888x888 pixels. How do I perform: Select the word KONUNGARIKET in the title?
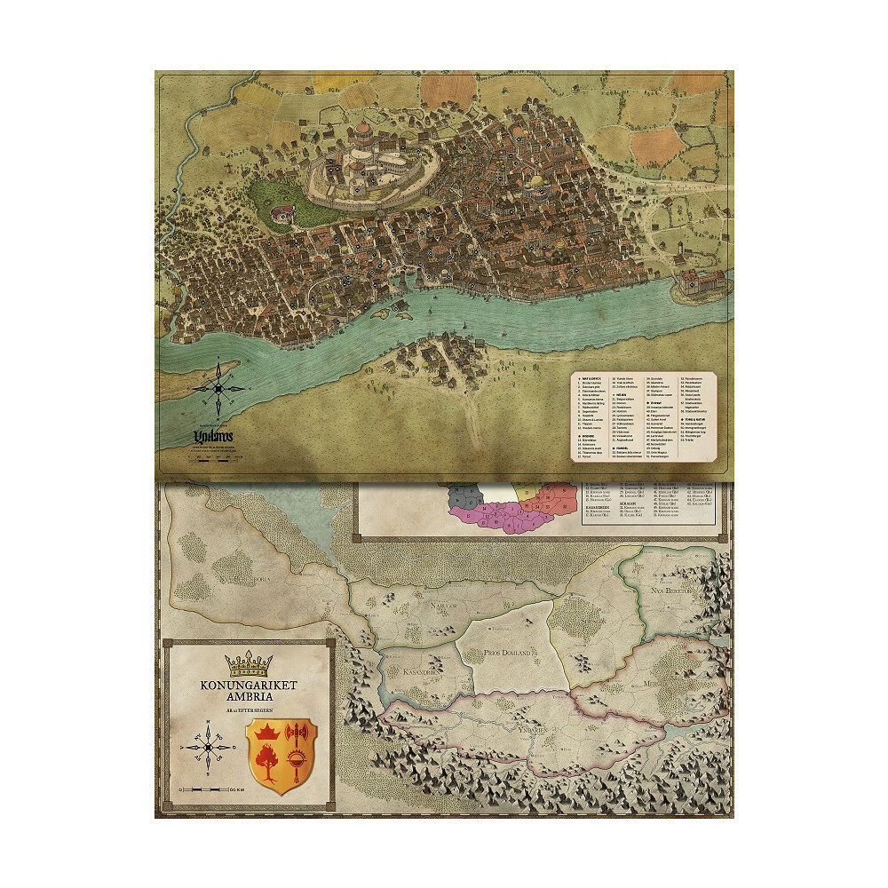[x=248, y=686]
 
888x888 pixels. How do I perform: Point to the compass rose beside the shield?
[x=208, y=747]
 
